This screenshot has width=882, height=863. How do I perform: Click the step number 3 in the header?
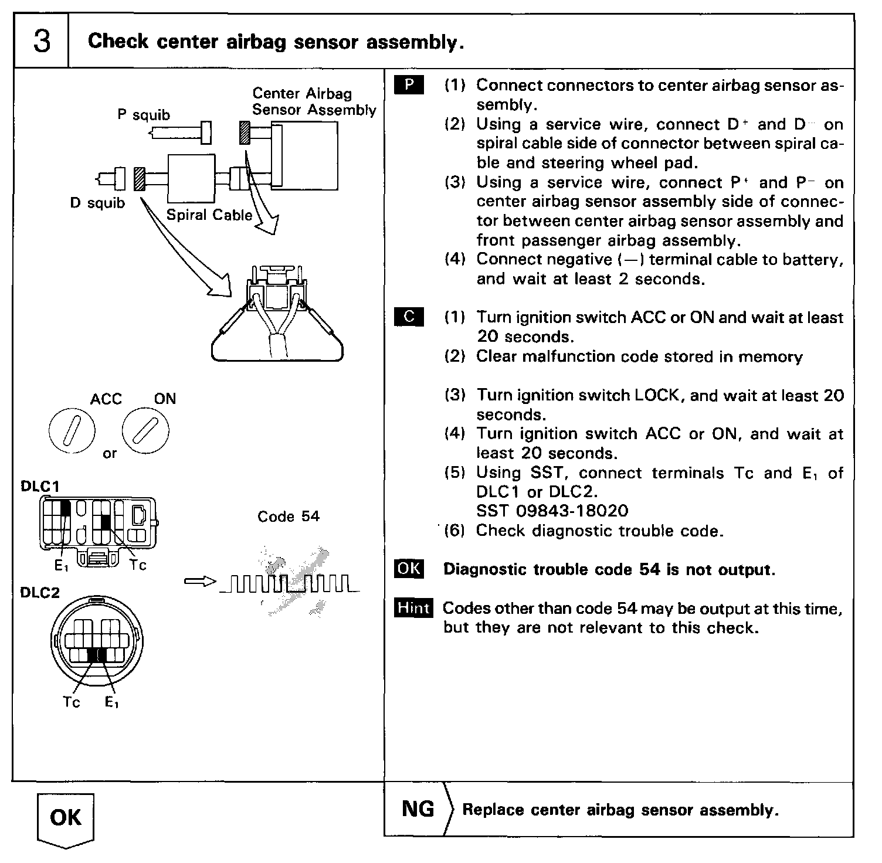point(42,42)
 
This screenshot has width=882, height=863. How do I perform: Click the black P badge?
point(409,86)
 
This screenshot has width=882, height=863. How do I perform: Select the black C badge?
point(409,317)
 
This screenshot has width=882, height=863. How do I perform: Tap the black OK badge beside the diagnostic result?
point(409,569)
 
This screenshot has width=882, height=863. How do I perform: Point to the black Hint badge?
point(413,608)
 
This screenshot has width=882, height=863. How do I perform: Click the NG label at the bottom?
point(418,809)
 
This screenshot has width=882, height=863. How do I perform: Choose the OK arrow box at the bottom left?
point(65,818)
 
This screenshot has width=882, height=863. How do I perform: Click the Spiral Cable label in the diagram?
point(209,215)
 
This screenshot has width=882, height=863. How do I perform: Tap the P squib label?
point(144,114)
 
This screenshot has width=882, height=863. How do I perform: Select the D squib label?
point(97,203)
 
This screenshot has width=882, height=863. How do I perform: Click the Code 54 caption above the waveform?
point(289,517)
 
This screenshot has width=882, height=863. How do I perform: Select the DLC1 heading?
point(40,486)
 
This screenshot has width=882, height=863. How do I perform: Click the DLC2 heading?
point(40,592)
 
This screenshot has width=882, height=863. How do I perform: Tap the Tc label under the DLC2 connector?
point(72,702)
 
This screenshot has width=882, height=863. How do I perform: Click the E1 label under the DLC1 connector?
point(61,566)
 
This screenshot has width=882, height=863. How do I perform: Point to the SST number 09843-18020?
point(552,511)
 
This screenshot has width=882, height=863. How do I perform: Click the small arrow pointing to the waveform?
point(200,581)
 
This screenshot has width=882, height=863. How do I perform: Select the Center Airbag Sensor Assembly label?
point(314,101)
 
